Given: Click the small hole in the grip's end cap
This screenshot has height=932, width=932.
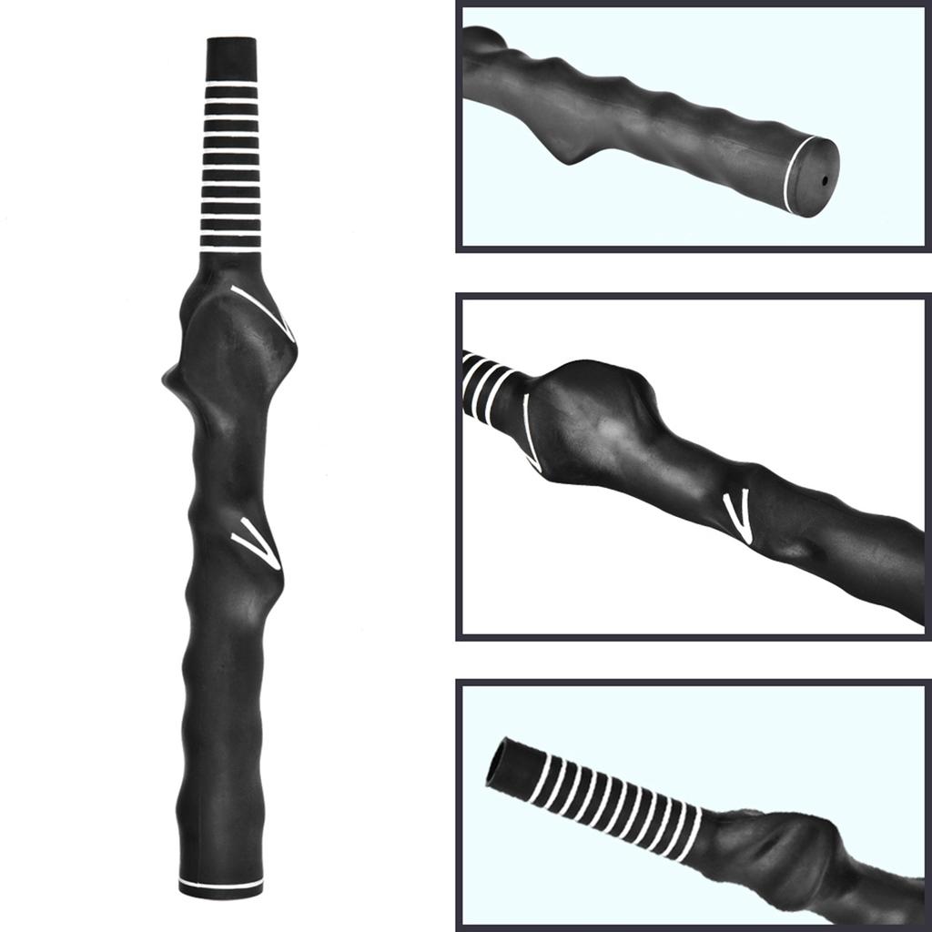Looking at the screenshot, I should [825, 180].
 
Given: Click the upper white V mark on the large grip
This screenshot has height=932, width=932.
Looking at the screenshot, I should [265, 308].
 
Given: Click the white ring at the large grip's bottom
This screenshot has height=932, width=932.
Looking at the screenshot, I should [221, 884].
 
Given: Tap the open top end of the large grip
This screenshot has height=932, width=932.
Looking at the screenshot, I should [231, 41].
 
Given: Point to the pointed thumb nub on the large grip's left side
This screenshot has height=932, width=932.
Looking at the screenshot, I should [169, 376].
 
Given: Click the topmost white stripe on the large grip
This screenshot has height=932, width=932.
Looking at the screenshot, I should [231, 84].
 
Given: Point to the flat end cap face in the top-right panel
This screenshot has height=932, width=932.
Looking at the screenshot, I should [817, 177].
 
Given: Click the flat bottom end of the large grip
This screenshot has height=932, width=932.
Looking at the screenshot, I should [221, 893].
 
